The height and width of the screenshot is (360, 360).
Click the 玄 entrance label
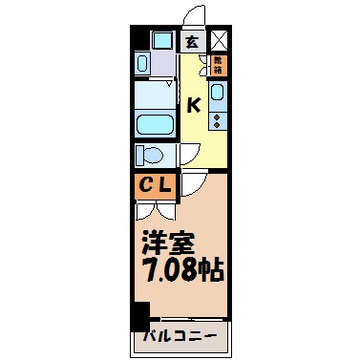(x=192, y=42)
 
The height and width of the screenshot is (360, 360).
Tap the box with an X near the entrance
(x=220, y=41)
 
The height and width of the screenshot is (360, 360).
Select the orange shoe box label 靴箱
(x=220, y=67)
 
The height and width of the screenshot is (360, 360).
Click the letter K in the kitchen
(x=193, y=105)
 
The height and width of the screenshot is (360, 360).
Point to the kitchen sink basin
(x=219, y=94)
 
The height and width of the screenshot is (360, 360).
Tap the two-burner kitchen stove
(x=219, y=119)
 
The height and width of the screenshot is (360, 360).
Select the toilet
(x=151, y=156)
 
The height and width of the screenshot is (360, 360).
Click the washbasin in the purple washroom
(x=143, y=65)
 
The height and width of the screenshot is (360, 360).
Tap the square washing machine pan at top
(x=161, y=41)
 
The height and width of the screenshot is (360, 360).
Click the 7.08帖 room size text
(x=183, y=270)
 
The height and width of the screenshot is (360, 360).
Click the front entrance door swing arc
(x=194, y=18)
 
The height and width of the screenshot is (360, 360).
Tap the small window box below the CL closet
(x=143, y=210)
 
